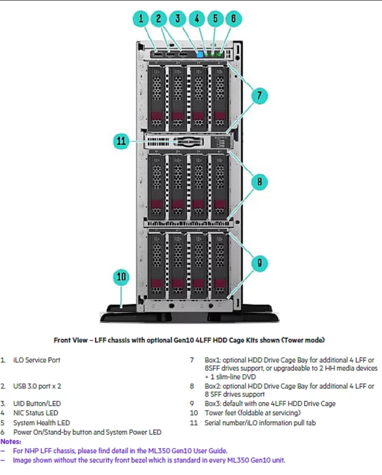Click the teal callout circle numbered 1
coord(141,18)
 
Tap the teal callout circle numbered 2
coord(159,18)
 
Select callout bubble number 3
coord(177,18)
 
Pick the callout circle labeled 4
coord(196,18)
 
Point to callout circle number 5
coord(215,18)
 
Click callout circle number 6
coord(233,18)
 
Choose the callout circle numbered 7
coord(259,94)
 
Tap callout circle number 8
coord(259,182)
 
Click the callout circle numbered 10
coord(122,277)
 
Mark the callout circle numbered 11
coord(122,141)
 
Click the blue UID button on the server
coord(199,55)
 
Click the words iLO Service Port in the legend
coord(36,360)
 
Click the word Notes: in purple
coord(10,442)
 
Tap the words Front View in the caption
coord(71,340)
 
